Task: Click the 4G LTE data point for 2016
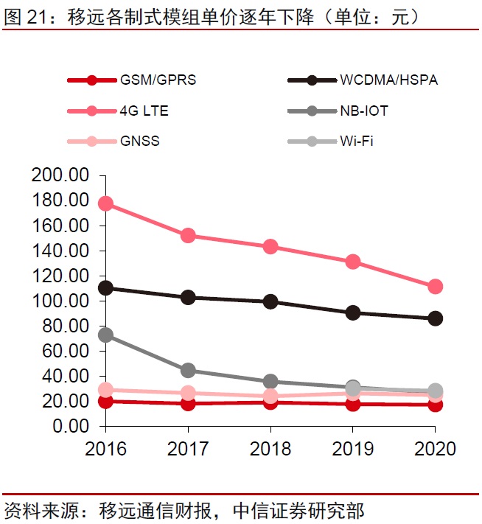tap(105, 204)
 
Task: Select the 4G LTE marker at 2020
tap(435, 287)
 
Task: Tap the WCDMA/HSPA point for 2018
tap(270, 301)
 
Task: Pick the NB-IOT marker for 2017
tap(188, 370)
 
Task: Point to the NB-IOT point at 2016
tap(105, 335)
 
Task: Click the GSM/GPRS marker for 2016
tap(105, 402)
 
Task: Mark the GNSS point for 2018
tap(270, 397)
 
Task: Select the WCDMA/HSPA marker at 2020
tap(435, 318)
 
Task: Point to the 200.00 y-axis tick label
tap(61, 175)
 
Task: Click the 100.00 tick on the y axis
tap(61, 301)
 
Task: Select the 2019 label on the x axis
tap(352, 448)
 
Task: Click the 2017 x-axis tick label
tap(188, 448)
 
